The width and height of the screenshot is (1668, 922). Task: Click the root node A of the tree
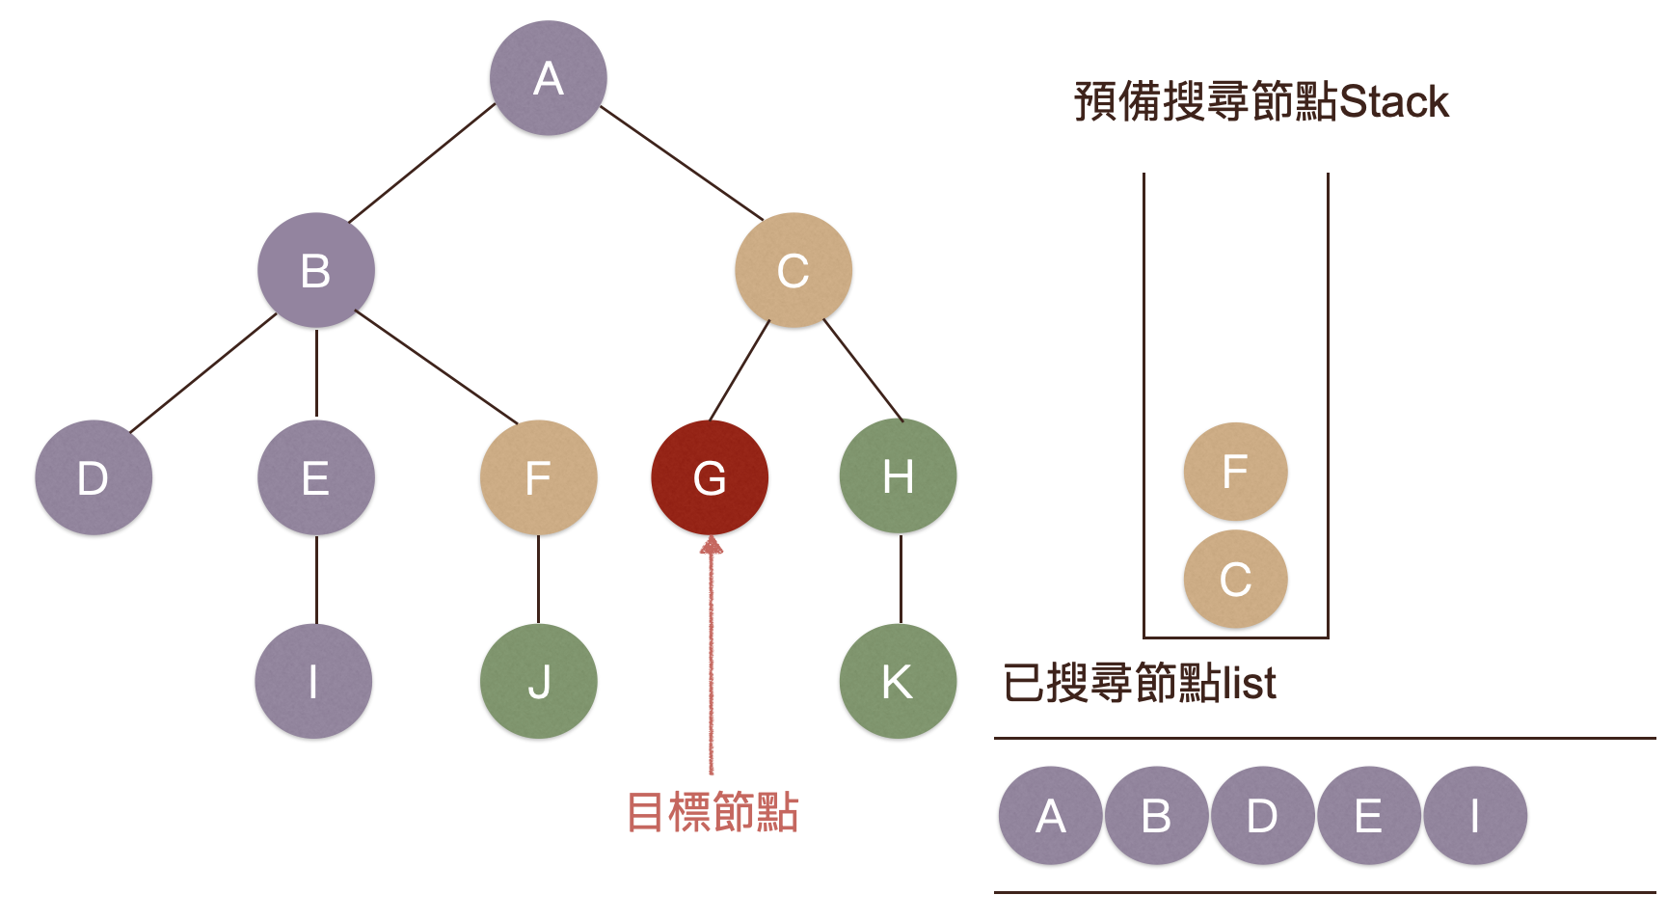(x=548, y=78)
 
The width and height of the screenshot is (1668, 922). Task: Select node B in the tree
(x=315, y=270)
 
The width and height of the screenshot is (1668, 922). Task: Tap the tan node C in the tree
(x=793, y=270)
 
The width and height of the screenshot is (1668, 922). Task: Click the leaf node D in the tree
(x=93, y=477)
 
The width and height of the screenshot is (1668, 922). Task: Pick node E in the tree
(x=315, y=477)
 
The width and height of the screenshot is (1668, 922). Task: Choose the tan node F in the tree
(x=538, y=477)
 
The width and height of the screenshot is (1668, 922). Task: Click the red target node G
(x=710, y=477)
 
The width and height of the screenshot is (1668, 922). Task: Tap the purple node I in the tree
(x=313, y=681)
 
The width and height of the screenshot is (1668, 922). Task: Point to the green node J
(x=538, y=681)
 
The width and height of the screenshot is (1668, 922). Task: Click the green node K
(x=898, y=681)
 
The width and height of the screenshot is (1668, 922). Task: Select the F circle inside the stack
(x=1235, y=472)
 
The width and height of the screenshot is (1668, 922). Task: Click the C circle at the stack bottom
(x=1235, y=579)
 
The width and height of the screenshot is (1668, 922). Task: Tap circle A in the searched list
(x=1050, y=816)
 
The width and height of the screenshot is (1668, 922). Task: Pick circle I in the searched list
(x=1474, y=816)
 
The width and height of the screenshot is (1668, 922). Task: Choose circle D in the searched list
(x=1262, y=816)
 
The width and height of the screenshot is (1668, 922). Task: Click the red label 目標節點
(x=713, y=812)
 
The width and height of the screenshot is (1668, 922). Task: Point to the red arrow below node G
(x=712, y=656)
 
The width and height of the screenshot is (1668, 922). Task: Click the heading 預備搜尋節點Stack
(x=1260, y=101)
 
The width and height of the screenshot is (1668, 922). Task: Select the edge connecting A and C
(x=681, y=162)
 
